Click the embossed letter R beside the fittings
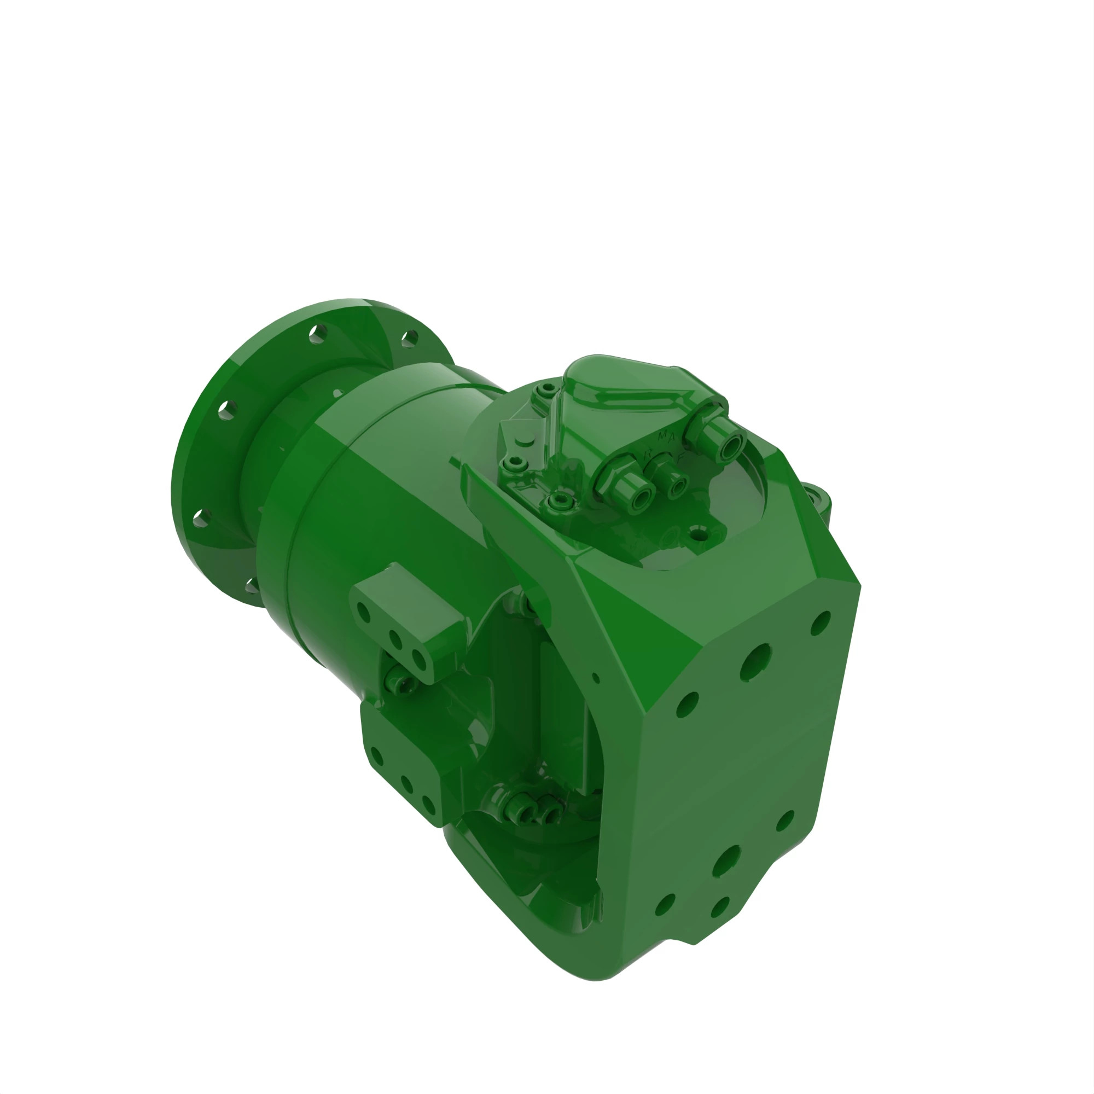648,453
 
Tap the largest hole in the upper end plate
755,661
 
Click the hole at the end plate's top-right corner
821,622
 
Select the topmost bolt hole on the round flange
317,334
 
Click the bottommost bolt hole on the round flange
252,586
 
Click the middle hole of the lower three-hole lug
406,784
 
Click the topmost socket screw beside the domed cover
546,389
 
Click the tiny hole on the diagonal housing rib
596,678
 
